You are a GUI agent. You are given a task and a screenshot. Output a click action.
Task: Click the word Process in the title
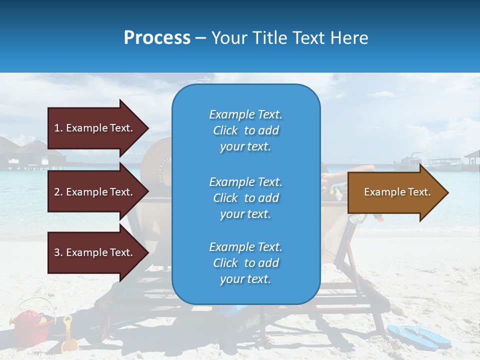pyautogui.click(x=157, y=38)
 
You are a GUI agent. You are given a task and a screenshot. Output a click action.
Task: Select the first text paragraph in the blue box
pyautogui.click(x=245, y=130)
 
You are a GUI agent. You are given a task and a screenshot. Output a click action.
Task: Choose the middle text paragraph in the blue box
pyautogui.click(x=245, y=198)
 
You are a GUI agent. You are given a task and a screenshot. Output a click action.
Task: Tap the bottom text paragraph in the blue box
pyautogui.click(x=245, y=263)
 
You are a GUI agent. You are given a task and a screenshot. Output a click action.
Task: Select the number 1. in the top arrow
pyautogui.click(x=58, y=128)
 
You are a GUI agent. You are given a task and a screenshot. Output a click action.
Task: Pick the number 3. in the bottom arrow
pyautogui.click(x=58, y=252)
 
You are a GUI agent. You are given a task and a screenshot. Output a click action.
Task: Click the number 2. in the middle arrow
pyautogui.click(x=58, y=192)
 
